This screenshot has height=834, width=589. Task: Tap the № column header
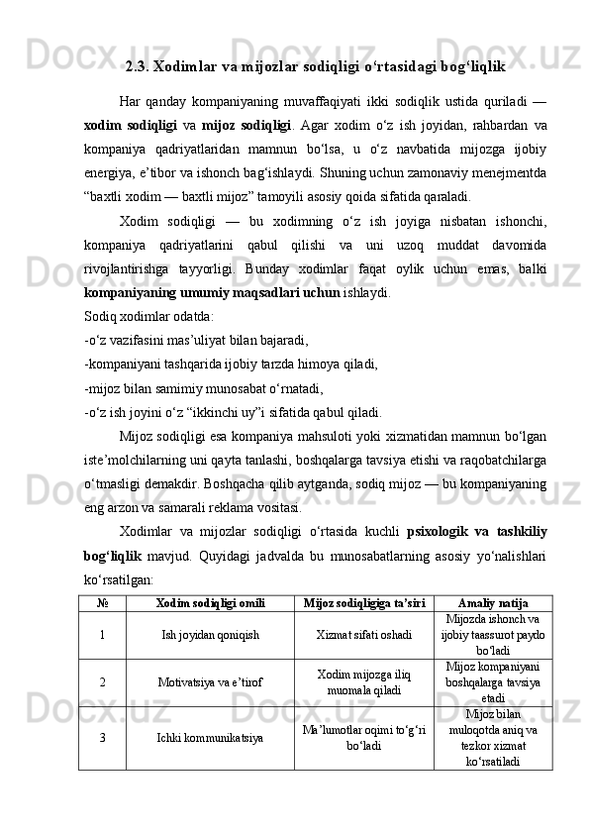(103, 603)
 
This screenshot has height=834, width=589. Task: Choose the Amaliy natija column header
(492, 603)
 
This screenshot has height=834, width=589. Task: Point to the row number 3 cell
(103, 738)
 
